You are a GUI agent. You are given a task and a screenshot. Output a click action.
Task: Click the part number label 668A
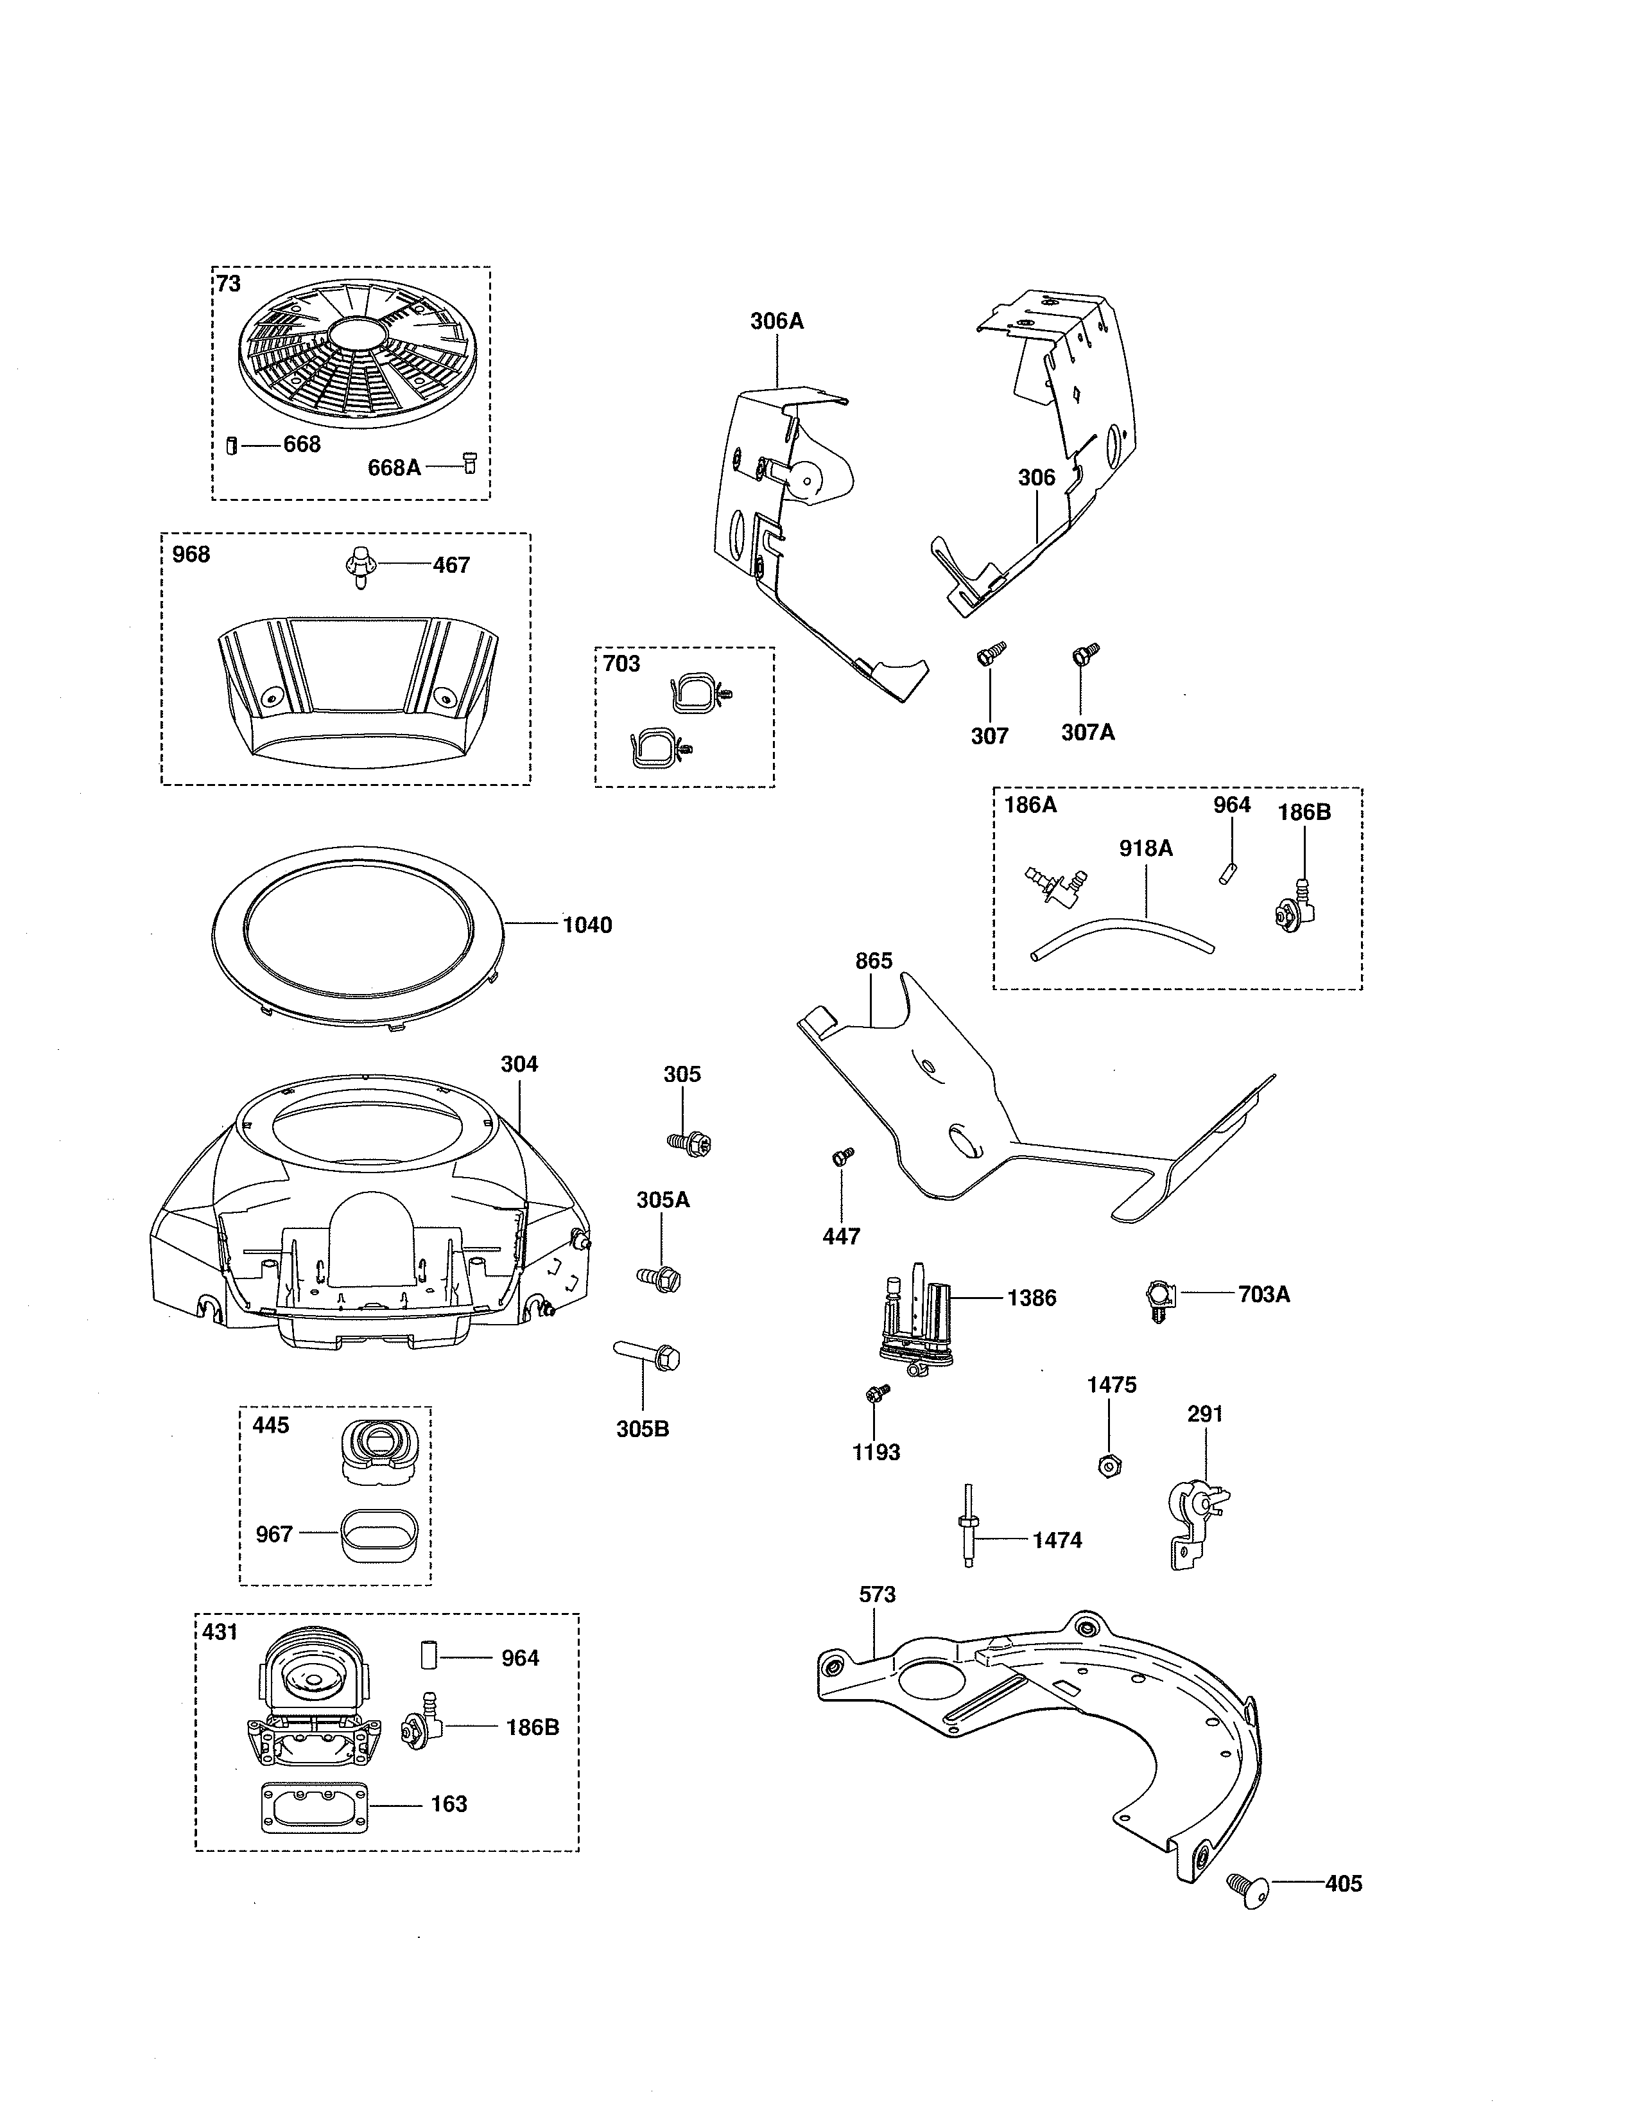pos(394,467)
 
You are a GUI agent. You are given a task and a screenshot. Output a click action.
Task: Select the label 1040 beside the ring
pos(587,925)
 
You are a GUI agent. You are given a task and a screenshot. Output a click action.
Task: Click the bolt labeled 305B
pos(647,1354)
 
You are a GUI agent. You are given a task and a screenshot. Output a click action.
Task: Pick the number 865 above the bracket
pos(873,961)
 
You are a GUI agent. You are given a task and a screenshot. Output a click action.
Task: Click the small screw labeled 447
pos(842,1156)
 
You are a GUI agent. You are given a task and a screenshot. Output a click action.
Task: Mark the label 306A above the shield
pos(777,321)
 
